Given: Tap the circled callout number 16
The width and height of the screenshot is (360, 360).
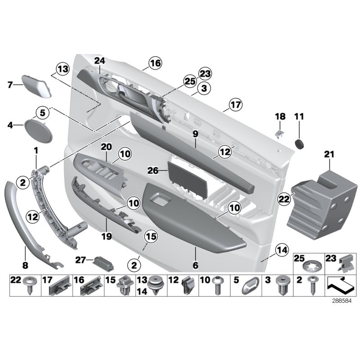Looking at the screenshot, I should (155, 63).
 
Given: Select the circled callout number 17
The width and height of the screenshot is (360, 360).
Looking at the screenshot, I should (235, 105).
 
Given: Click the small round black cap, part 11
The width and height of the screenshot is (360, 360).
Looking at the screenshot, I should (299, 143).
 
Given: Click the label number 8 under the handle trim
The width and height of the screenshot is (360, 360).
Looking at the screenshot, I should (25, 266).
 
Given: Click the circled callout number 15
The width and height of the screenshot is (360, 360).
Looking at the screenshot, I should (150, 235).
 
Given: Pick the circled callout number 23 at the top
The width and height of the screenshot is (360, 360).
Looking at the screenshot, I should (205, 74).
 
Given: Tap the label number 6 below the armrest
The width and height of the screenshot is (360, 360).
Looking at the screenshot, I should (195, 265).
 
